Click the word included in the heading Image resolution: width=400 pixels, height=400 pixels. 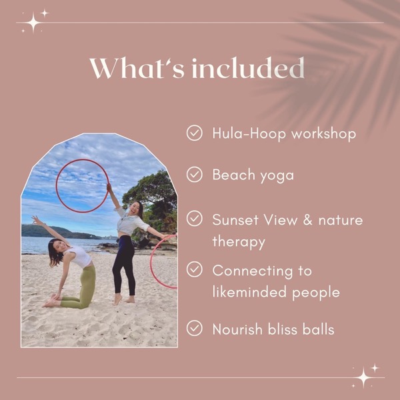(x=248, y=68)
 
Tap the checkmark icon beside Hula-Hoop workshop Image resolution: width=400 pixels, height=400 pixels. (x=195, y=133)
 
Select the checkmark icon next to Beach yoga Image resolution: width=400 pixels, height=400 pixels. (x=195, y=175)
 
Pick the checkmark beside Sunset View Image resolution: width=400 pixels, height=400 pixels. (x=195, y=219)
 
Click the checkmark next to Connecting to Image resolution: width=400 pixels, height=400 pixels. (x=195, y=269)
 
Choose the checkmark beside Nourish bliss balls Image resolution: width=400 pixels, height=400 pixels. (x=195, y=328)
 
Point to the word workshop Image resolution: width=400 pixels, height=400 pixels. (x=324, y=134)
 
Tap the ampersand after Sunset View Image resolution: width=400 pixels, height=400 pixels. (x=308, y=220)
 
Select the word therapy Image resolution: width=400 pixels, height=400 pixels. (x=239, y=242)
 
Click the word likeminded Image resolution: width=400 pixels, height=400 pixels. (x=249, y=292)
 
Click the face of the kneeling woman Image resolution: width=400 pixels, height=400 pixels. (x=59, y=247)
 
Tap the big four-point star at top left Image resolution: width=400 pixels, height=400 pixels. (x=33, y=23)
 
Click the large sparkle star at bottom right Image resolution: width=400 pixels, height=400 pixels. (x=364, y=377)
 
